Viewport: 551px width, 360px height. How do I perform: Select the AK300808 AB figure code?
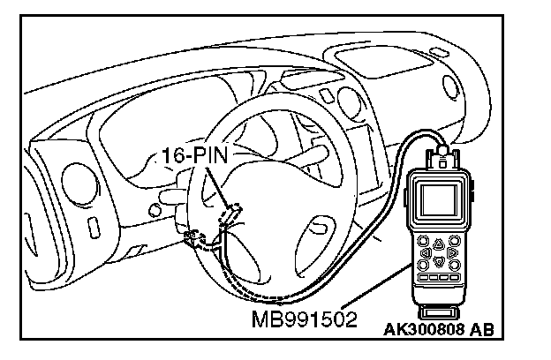[438, 331]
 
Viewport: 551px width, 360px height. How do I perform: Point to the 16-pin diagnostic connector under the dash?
[232, 214]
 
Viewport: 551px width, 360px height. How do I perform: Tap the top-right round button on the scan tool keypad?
[452, 241]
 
